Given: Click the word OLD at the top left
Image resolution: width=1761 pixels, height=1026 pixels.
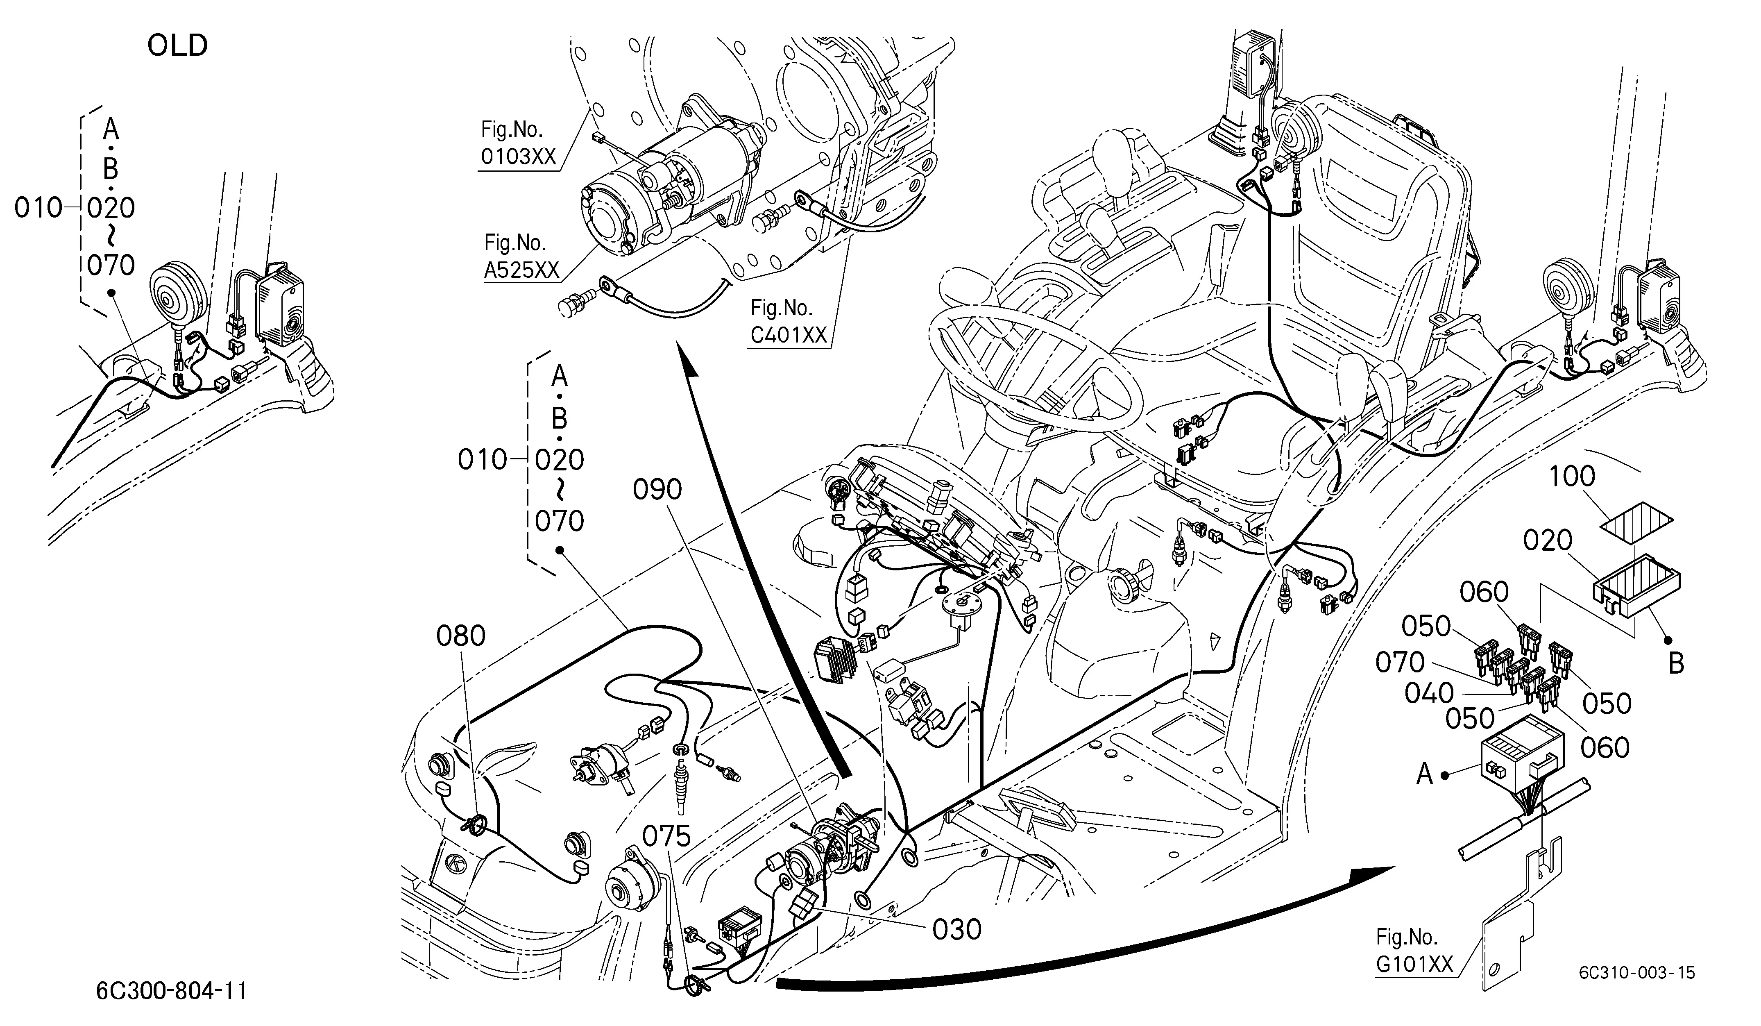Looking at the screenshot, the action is (177, 46).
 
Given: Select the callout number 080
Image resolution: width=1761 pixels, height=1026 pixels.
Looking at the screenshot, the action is (460, 636).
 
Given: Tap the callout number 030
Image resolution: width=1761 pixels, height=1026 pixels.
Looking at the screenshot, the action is (956, 930).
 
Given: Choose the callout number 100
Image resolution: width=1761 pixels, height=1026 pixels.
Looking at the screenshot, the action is (1572, 477).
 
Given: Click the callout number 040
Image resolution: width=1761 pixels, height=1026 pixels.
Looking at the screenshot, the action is (1429, 694).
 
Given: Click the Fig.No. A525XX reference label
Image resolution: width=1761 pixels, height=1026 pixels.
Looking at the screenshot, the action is (522, 256).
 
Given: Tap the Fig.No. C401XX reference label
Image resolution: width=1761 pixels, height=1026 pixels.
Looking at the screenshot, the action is (788, 322).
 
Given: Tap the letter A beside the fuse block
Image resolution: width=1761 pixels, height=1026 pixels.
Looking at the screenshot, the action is (1425, 774).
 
